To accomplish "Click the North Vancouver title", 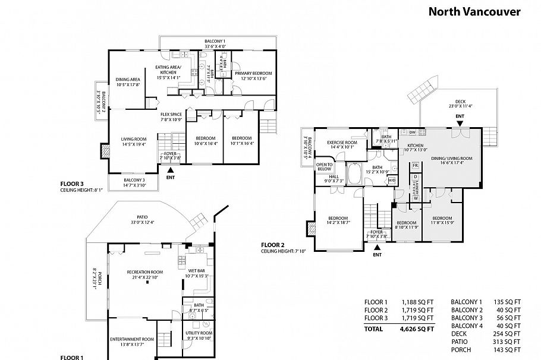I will (474, 11).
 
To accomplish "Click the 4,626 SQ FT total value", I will (417, 328).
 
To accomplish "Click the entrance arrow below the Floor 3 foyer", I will (171, 170).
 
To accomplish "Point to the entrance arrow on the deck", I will (460, 123).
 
